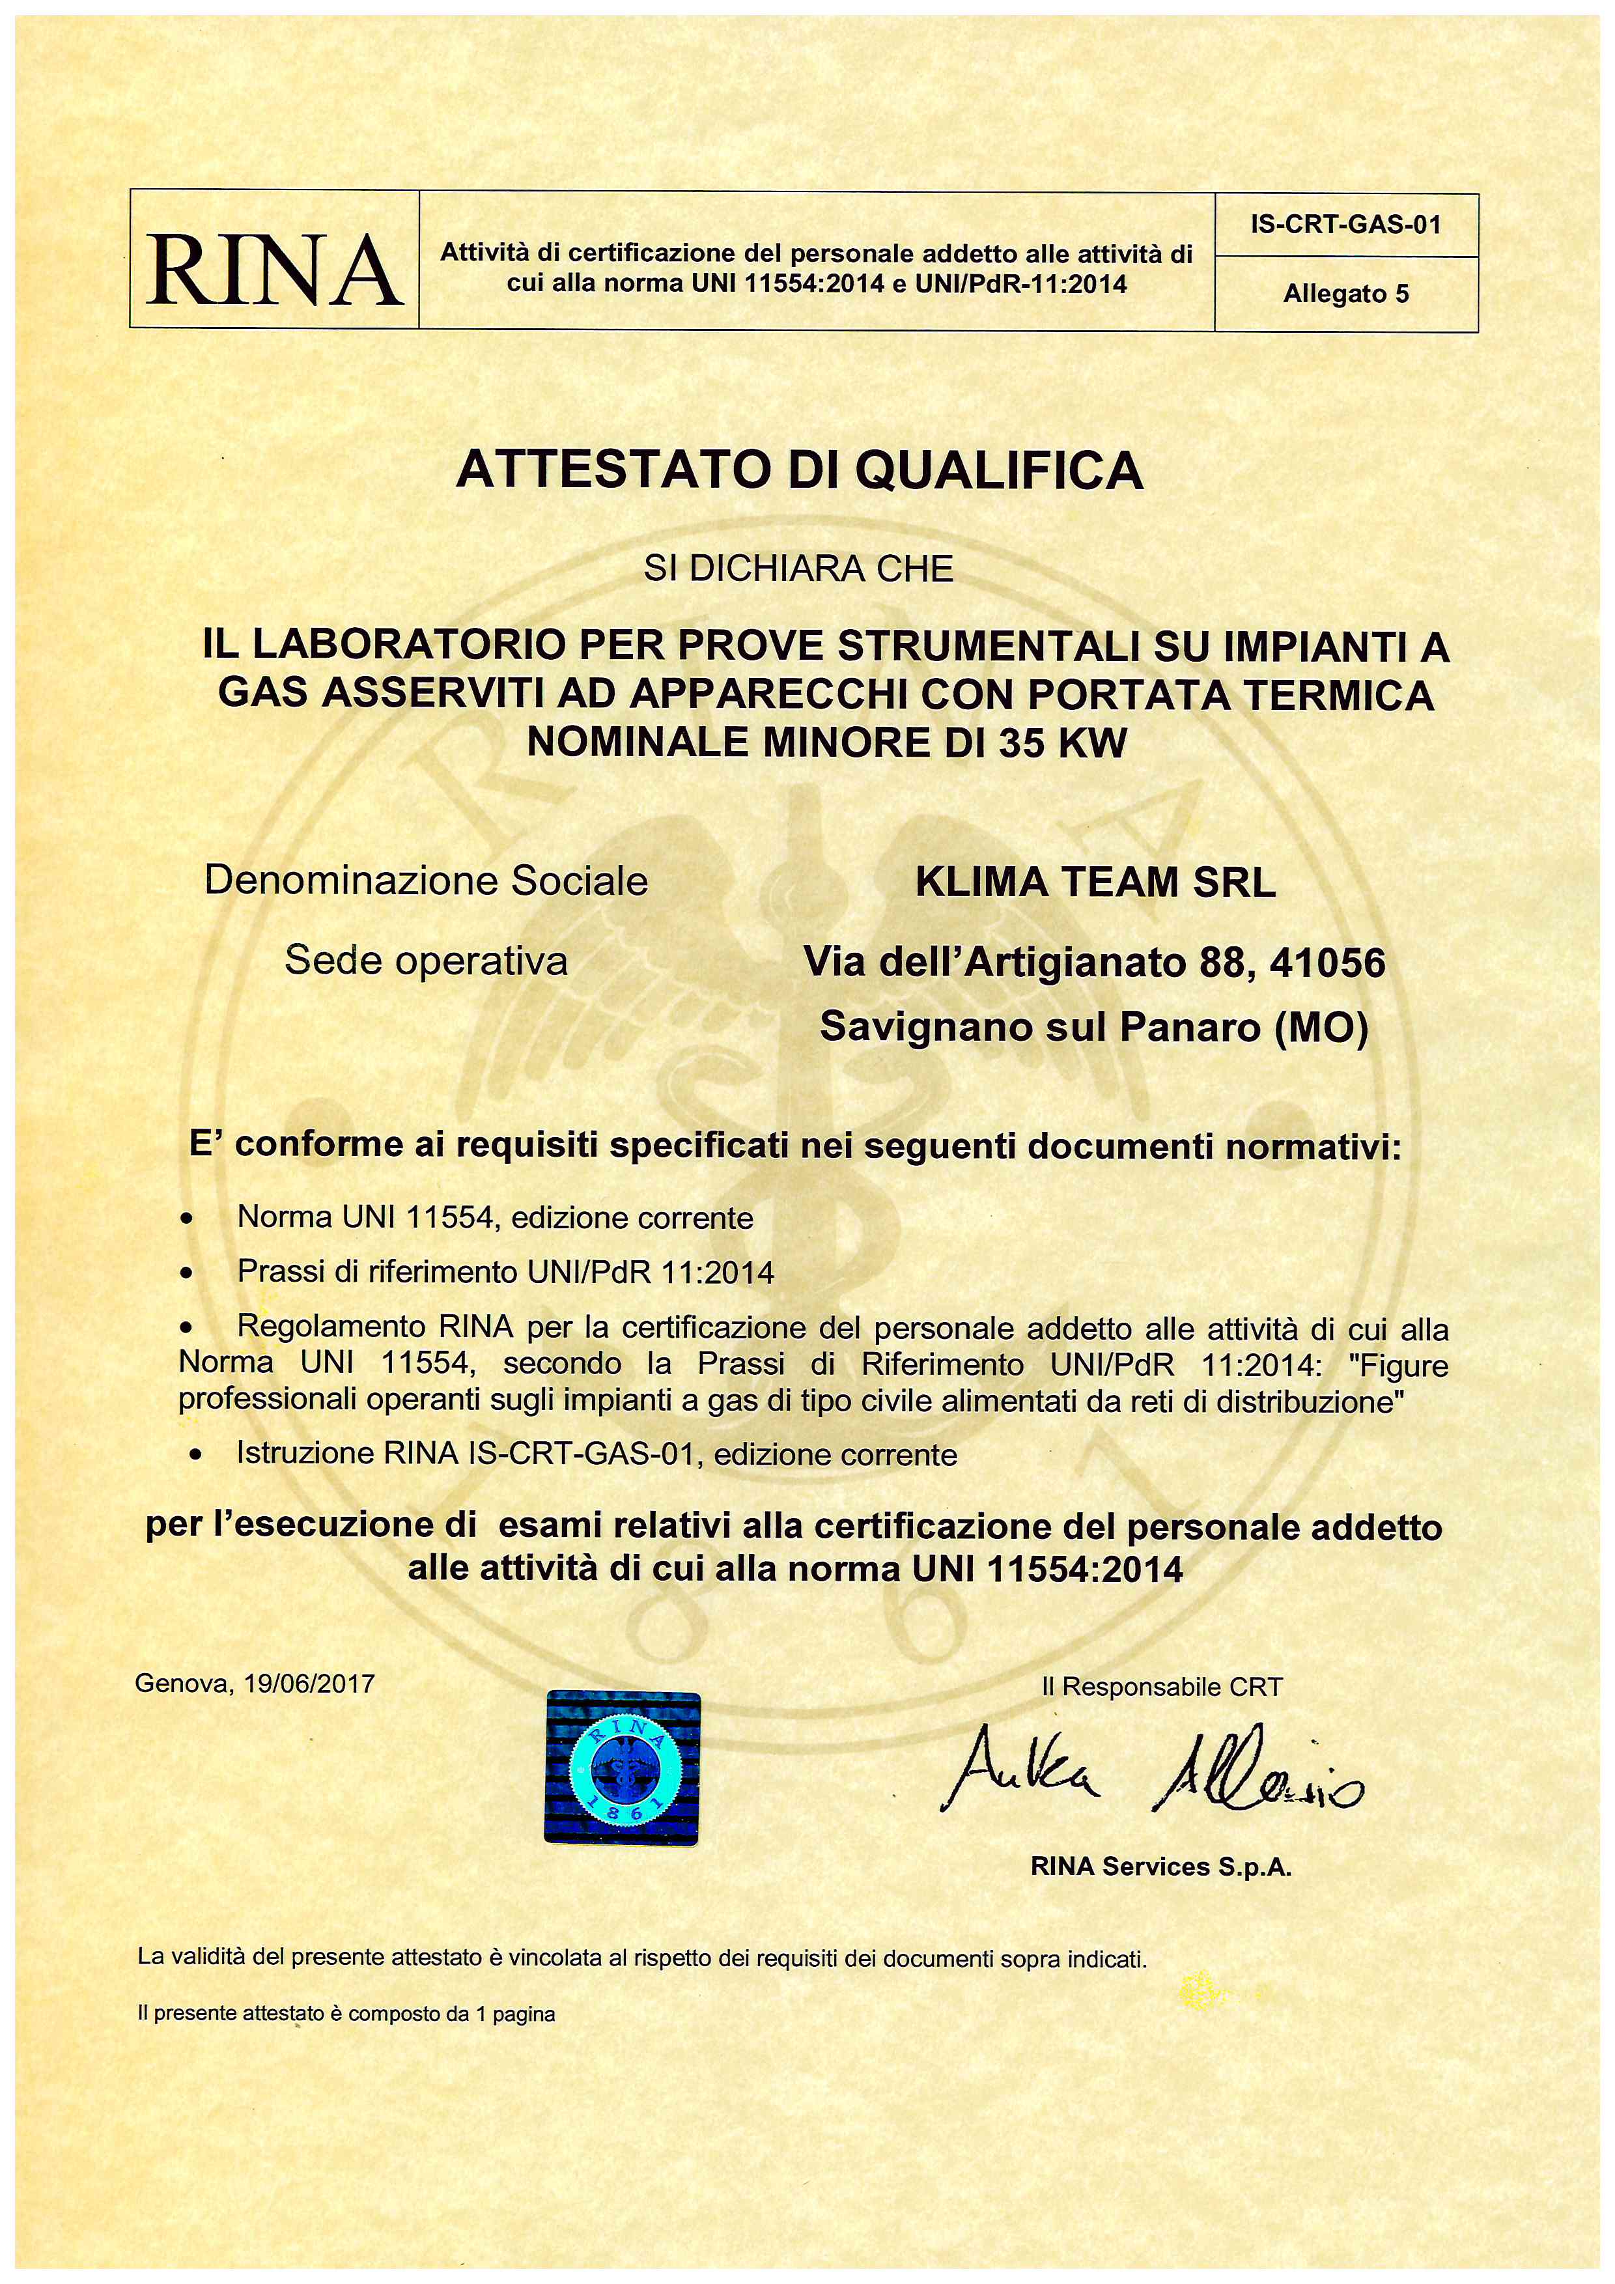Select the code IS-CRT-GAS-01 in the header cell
(x=1345, y=224)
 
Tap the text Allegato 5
(x=1345, y=294)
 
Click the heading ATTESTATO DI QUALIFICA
(x=800, y=470)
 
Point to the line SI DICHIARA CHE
(x=798, y=569)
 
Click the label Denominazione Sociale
(x=426, y=881)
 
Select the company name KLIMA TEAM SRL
(x=1095, y=882)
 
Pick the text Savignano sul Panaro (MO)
(x=1094, y=1026)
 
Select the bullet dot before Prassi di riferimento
(x=186, y=1273)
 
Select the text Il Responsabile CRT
(x=1162, y=1687)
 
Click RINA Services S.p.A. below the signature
(x=1160, y=1867)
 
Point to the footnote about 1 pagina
(x=346, y=2014)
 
